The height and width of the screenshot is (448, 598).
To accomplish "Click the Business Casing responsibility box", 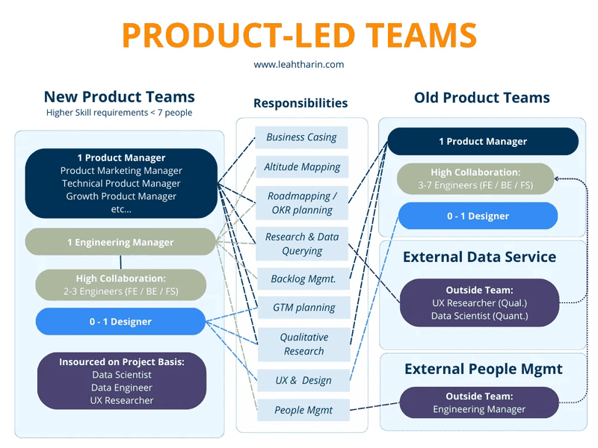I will click(x=302, y=137).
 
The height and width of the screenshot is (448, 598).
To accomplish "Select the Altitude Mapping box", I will click(x=302, y=167).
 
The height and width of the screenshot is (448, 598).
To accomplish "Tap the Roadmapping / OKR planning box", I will click(x=302, y=203).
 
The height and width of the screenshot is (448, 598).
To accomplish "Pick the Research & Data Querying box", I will click(x=302, y=243).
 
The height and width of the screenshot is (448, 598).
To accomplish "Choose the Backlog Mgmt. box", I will click(x=303, y=279).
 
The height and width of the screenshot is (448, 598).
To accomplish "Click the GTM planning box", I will click(x=303, y=307).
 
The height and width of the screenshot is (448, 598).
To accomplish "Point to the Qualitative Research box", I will click(x=303, y=344).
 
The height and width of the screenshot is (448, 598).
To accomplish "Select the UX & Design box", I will click(x=303, y=380).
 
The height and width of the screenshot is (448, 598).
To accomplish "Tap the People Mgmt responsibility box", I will click(x=303, y=409).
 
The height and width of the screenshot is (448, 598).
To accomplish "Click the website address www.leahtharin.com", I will click(x=299, y=64).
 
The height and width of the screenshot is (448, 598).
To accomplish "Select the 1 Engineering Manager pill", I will click(x=120, y=242).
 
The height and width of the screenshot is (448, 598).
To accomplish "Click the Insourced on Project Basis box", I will click(x=121, y=381).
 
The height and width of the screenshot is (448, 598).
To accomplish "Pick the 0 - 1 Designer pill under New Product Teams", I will click(x=120, y=322).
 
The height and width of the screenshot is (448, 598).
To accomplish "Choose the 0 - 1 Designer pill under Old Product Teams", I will click(x=478, y=216).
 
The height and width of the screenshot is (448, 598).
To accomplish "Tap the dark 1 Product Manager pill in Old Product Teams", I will click(x=482, y=141).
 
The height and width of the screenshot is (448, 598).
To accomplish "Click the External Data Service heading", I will click(x=479, y=257).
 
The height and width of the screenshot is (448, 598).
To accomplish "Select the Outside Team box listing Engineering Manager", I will click(x=479, y=402).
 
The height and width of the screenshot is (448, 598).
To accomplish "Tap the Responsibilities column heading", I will click(x=300, y=103).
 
